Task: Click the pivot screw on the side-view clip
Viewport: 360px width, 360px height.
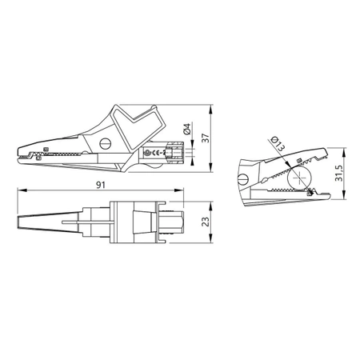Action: coord(106,144)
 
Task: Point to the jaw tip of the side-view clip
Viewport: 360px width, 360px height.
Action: coord(18,150)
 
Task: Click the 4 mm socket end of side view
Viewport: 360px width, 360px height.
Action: coord(186,152)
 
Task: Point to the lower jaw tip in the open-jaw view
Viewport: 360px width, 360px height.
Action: coord(324,194)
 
